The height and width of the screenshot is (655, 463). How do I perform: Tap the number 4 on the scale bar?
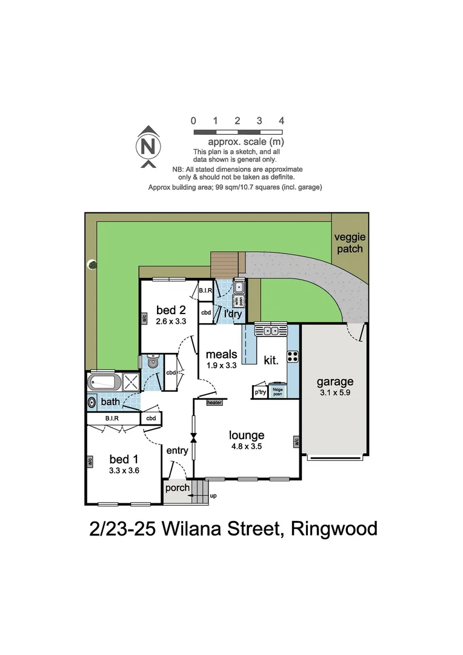[x=281, y=121]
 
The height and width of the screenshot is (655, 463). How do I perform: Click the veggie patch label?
[x=350, y=243]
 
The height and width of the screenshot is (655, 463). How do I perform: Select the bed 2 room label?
[x=170, y=311]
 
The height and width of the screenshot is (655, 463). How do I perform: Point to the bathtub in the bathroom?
[x=104, y=382]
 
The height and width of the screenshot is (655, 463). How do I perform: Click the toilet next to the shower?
[x=152, y=362]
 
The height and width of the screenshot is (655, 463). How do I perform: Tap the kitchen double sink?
[x=270, y=331]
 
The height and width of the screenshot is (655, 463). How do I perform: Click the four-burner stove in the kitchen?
[x=292, y=356]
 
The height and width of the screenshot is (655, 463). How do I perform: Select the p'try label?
[x=259, y=392]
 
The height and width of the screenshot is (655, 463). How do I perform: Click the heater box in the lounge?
[x=214, y=402]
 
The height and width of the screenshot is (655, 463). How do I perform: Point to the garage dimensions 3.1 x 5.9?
[x=335, y=393]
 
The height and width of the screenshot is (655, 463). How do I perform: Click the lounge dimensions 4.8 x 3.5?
[x=246, y=446]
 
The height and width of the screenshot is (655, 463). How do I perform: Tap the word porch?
[x=178, y=488]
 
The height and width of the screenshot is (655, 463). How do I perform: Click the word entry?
[x=176, y=450]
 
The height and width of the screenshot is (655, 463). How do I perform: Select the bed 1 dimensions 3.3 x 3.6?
[x=125, y=470]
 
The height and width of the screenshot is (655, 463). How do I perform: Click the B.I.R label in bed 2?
[x=205, y=291]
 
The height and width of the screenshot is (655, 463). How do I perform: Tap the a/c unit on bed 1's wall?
[x=90, y=462]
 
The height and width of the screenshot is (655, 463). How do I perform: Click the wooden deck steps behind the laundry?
[x=225, y=264]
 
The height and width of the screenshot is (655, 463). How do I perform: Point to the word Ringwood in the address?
[x=334, y=528]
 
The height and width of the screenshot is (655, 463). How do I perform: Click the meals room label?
[x=221, y=354]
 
